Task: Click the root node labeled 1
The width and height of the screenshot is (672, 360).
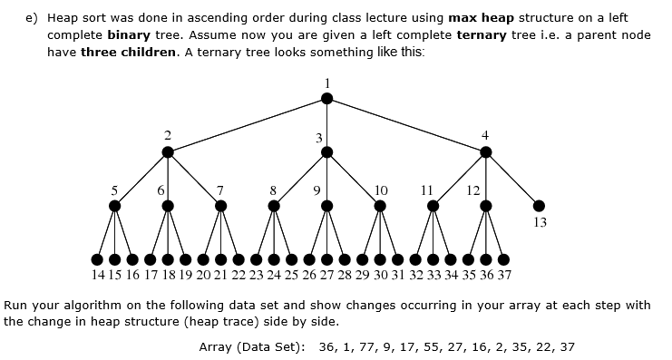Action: (x=327, y=98)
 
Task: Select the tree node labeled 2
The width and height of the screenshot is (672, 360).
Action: (x=167, y=151)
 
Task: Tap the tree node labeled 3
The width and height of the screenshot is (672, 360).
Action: (x=327, y=151)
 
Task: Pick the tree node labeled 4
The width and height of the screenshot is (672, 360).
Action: (x=487, y=151)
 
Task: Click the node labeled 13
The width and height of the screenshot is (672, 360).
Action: (x=540, y=205)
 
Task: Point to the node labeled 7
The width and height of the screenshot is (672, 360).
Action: (x=220, y=205)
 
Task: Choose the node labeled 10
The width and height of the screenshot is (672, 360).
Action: (x=381, y=205)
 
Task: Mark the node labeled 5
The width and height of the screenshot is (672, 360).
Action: (x=114, y=205)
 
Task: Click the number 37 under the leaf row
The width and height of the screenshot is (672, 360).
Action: (x=504, y=274)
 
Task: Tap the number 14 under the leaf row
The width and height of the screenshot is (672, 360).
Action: (x=98, y=274)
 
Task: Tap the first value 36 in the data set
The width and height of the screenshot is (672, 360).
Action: (x=329, y=346)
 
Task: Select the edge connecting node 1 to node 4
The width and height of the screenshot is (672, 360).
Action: (x=407, y=125)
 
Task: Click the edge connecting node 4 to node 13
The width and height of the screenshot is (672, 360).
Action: (x=513, y=179)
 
